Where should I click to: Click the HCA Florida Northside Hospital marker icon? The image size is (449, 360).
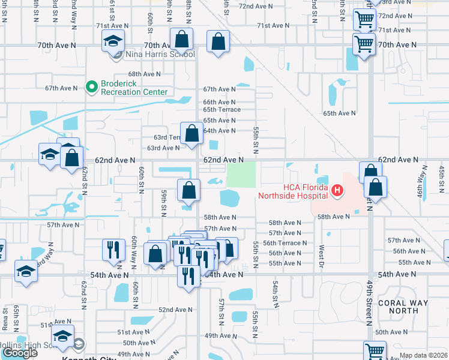tap(337, 191)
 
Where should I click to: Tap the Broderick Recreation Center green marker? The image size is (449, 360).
tap(92, 88)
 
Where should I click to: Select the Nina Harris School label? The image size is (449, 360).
tap(159, 55)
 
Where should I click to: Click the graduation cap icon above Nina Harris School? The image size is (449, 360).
tap(113, 42)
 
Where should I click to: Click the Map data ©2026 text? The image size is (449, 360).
tap(424, 355)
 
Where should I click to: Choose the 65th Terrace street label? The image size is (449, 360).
tap(221, 110)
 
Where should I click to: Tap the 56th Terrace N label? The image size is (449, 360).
tap(285, 243)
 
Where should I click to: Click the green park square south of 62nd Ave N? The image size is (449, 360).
tap(240, 175)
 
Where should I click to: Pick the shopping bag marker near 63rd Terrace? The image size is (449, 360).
tap(192, 135)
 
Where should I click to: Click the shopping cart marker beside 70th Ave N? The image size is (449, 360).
tap(364, 44)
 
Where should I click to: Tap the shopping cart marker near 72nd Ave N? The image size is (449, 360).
tap(365, 20)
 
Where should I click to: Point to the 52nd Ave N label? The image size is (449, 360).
tap(175, 310)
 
